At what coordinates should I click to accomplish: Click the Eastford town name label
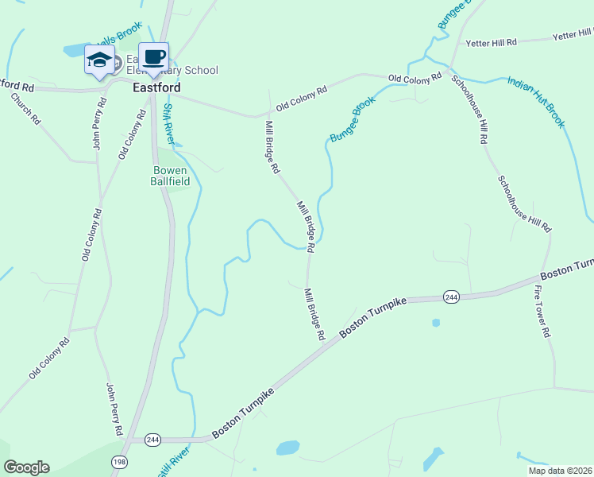156,87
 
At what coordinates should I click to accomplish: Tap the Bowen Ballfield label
168,176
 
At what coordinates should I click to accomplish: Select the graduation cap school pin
99,60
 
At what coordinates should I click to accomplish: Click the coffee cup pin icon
154,57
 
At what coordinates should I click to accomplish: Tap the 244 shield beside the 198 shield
153,439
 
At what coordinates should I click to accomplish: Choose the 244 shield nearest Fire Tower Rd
451,297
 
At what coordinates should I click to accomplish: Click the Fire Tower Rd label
542,312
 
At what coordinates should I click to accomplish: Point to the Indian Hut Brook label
537,102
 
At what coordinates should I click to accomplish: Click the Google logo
26,467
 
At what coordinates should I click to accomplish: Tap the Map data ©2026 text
560,471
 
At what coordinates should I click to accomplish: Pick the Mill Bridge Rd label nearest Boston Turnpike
314,314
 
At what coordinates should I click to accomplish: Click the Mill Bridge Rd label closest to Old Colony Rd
272,147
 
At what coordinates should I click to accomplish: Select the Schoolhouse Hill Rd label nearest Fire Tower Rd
524,203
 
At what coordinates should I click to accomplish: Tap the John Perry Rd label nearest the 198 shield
114,409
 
